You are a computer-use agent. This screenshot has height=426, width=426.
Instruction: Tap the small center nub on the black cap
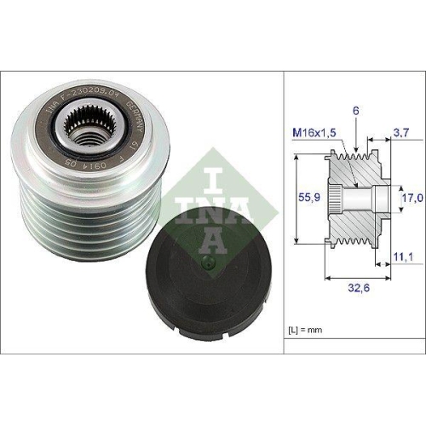click(204, 262)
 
